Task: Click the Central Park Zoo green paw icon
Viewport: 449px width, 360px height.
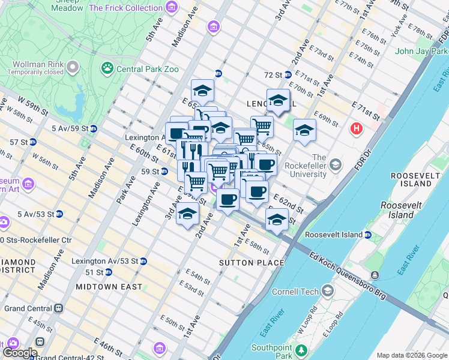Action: tap(108, 68)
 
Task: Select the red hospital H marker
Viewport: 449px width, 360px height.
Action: tap(357, 128)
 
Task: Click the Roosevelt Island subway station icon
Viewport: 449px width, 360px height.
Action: tap(368, 235)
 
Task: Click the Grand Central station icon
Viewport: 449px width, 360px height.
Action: tap(59, 308)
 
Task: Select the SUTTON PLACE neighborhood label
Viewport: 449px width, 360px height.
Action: tap(251, 263)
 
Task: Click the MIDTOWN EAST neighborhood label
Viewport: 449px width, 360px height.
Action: tap(109, 287)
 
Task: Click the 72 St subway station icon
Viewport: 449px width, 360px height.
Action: tap(288, 75)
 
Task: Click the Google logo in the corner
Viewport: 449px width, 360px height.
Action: tap(20, 353)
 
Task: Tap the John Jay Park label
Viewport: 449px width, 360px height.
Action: tap(420, 51)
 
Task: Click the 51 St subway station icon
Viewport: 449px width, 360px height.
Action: tap(109, 272)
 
